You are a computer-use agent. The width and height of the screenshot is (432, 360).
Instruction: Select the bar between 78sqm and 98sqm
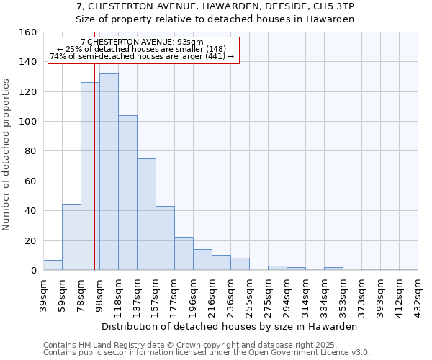pyautogui.click(x=90, y=176)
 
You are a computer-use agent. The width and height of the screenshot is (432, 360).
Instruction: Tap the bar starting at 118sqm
pyautogui.click(x=127, y=192)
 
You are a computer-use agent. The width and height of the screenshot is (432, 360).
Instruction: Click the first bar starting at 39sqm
pyautogui.click(x=53, y=265)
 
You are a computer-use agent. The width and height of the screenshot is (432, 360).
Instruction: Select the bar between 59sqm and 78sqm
pyautogui.click(x=71, y=237)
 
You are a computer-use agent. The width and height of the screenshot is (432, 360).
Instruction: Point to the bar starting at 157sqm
pyautogui.click(x=165, y=238)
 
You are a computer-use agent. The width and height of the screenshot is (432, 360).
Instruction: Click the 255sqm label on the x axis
pyautogui.click(x=249, y=294)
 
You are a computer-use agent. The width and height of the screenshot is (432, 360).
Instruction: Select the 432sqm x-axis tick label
pyautogui.click(x=418, y=294)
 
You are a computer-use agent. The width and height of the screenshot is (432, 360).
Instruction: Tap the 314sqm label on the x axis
pyautogui.click(x=305, y=294)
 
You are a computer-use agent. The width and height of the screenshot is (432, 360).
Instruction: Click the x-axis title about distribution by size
pyautogui.click(x=229, y=326)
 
